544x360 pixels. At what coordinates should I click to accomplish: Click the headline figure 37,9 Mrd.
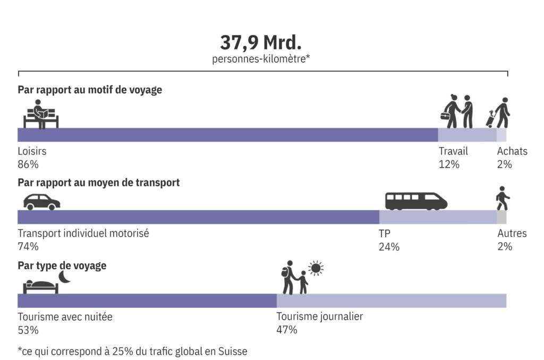tap(261, 42)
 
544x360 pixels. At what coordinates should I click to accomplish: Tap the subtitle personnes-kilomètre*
tap(261, 59)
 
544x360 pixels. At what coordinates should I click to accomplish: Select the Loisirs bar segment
tap(227, 135)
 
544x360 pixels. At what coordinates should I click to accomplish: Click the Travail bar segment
tap(467, 135)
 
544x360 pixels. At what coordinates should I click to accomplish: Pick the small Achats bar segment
tap(501, 135)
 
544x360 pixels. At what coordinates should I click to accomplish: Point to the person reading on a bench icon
tap(41, 114)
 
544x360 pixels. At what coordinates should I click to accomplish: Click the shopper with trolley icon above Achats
tap(498, 113)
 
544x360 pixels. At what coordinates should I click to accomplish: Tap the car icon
tap(41, 202)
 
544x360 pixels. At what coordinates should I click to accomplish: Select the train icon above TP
tap(416, 201)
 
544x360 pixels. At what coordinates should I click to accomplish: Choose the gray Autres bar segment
tap(501, 217)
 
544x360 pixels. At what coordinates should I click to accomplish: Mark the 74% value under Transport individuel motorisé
tap(28, 246)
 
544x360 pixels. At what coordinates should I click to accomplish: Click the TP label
tap(385, 233)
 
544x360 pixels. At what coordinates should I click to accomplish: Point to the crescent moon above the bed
tap(64, 277)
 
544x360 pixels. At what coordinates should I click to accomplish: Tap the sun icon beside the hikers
tap(316, 268)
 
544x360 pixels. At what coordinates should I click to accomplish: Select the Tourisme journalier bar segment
tap(392, 301)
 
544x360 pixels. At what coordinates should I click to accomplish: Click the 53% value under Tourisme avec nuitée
tap(28, 330)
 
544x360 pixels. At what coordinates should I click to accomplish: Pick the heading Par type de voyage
tap(62, 265)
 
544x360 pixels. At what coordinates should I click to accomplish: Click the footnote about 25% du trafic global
tap(133, 351)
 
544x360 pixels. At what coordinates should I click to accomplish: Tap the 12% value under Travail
tap(449, 164)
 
